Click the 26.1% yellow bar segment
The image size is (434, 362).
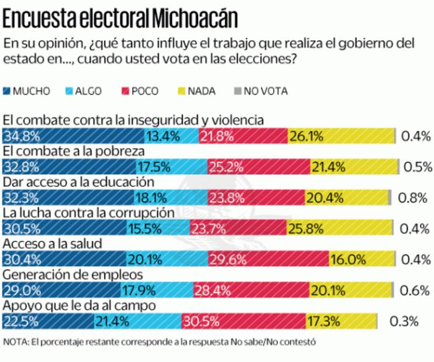point(341,137)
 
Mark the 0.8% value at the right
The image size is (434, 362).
point(412,197)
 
